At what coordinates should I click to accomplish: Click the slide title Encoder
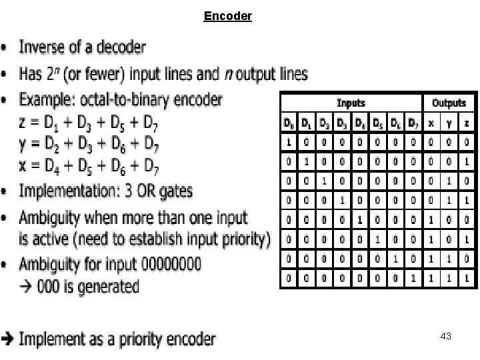[x=228, y=15]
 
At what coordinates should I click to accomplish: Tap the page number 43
[x=446, y=337]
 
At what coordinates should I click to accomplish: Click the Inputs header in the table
[x=351, y=103]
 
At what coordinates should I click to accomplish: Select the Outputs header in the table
[x=449, y=103]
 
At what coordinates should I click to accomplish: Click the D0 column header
[x=289, y=123]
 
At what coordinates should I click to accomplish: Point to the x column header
[x=431, y=123]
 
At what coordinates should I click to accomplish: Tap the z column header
[x=467, y=123]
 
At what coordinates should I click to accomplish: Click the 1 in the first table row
[x=289, y=142]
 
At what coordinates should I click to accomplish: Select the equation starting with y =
[x=87, y=143]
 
